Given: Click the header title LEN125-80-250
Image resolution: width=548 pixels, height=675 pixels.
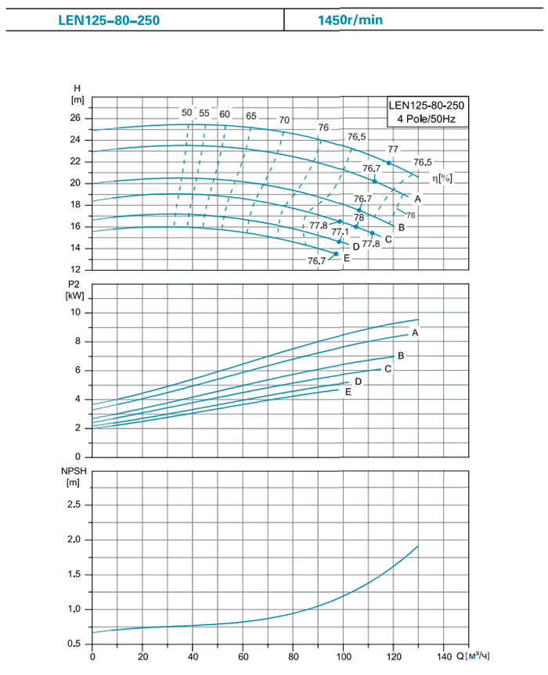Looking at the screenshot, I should [x=108, y=20].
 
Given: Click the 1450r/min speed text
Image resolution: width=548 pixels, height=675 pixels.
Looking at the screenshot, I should [x=351, y=20].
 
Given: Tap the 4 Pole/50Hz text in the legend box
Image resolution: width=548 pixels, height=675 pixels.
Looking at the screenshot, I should [x=426, y=119].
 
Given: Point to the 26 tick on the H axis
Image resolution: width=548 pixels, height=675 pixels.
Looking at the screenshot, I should [x=76, y=118].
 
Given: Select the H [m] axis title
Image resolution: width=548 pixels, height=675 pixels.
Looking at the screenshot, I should [x=77, y=93].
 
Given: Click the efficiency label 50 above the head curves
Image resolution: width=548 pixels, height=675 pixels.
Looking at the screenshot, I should [x=186, y=113].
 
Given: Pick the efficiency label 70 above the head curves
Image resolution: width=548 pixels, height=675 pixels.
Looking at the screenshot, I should [x=284, y=120].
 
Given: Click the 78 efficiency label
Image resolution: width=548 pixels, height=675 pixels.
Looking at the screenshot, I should [x=359, y=217].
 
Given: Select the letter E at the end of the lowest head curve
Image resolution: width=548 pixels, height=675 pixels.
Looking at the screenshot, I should [x=346, y=257].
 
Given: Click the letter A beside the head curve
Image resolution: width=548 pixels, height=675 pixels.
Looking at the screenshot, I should [x=418, y=199].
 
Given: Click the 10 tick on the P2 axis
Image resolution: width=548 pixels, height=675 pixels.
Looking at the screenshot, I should [x=76, y=312].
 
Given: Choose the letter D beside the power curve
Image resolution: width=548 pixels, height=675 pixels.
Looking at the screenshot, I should [x=358, y=382].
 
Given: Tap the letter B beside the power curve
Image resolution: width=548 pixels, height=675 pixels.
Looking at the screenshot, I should [x=401, y=356].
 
